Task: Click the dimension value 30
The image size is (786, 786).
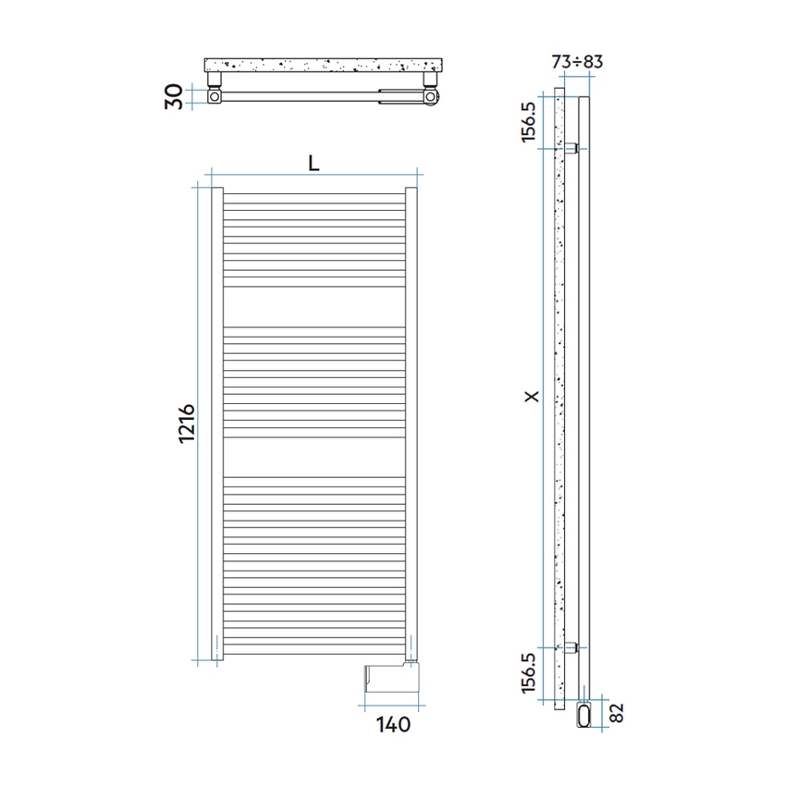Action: point(172,96)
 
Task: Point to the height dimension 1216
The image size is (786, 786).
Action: point(185,424)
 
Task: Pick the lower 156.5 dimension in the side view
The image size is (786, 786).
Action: point(529,673)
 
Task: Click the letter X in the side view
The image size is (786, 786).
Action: point(530,397)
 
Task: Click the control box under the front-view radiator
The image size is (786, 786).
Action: point(392,678)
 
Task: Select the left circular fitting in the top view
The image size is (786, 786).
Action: point(215,96)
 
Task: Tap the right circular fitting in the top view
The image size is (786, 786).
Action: point(430,96)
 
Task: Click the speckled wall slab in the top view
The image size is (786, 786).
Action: point(324,66)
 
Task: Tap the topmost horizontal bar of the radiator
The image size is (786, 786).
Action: point(314,195)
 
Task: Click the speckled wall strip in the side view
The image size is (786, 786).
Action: point(558,398)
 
